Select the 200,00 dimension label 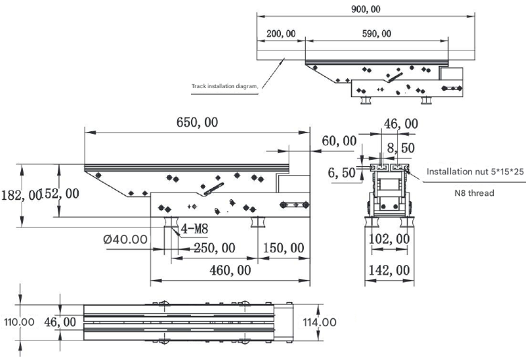(281, 34)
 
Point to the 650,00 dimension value (197, 123)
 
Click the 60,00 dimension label (339, 141)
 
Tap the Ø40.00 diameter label (126, 239)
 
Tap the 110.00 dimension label (19, 322)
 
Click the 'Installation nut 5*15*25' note (474, 172)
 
